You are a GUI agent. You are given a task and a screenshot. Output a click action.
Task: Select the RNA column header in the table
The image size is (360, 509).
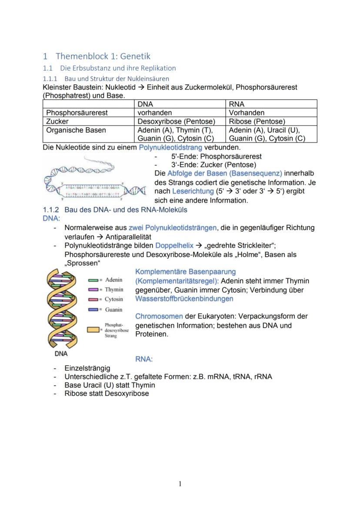pyautogui.click(x=237, y=104)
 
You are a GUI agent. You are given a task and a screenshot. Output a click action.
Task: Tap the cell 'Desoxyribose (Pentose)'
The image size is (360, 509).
pyautogui.click(x=176, y=121)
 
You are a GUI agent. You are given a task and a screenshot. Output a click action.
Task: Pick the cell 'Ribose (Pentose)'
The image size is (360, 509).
pyautogui.click(x=257, y=121)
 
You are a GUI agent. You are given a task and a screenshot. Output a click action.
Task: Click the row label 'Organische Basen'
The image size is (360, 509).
pyautogui.click(x=76, y=130)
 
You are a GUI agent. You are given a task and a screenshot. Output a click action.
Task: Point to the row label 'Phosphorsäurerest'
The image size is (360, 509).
pyautogui.click(x=77, y=113)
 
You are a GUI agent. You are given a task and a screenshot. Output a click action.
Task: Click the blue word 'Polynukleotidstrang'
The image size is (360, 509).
pyautogui.click(x=170, y=147)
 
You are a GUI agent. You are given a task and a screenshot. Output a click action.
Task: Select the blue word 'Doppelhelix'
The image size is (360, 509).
pyautogui.click(x=174, y=246)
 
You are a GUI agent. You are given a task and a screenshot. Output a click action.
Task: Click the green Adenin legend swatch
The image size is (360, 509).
pyautogui.click(x=94, y=280)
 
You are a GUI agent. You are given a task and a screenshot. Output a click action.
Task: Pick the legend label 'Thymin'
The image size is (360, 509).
pyautogui.click(x=114, y=289)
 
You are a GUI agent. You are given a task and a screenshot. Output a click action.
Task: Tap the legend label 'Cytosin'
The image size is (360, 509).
pyautogui.click(x=114, y=299)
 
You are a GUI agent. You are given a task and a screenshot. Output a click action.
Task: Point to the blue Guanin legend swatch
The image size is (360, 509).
pyautogui.click(x=94, y=309)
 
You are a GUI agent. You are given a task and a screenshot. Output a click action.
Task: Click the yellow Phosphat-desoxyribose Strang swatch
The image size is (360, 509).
pyautogui.click(x=94, y=330)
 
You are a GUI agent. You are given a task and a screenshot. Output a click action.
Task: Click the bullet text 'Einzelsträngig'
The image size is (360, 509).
pyautogui.click(x=87, y=368)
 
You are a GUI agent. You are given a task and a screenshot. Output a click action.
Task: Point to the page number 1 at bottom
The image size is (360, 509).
pyautogui.click(x=180, y=484)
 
